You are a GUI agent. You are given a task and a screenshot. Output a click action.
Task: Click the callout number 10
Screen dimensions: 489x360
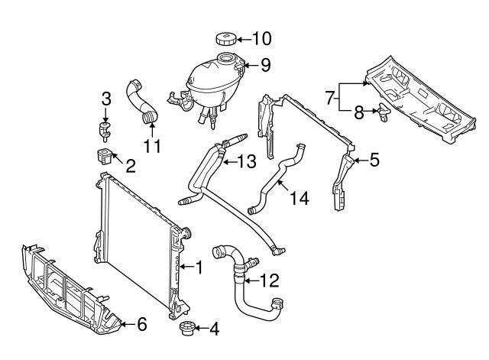point(261,39)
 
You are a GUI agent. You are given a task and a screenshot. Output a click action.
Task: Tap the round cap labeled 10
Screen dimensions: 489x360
point(225,39)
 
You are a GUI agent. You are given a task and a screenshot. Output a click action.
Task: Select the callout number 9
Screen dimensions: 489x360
point(265,65)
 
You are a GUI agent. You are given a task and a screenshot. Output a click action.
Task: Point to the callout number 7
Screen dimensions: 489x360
point(330,98)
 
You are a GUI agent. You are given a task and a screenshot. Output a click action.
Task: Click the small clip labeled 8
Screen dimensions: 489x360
point(384,112)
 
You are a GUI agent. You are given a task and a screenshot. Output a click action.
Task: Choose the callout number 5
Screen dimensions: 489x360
point(374,160)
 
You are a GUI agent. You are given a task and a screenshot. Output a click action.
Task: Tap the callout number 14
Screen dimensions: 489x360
point(300,198)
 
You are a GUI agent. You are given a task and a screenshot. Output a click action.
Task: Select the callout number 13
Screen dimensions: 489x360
point(246,162)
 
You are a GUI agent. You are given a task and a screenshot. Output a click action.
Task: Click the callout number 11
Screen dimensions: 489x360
point(152,146)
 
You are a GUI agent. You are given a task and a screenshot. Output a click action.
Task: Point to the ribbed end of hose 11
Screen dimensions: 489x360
point(150,117)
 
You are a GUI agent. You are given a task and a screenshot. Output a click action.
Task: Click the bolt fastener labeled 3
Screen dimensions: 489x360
point(105,131)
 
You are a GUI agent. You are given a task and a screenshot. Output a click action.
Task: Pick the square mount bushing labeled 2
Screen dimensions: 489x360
point(104,156)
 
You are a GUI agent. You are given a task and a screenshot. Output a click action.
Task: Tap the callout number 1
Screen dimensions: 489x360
point(199,267)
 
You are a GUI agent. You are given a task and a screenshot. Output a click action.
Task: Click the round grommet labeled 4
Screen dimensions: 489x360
point(187,329)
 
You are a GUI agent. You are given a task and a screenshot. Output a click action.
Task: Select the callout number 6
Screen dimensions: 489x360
point(142,324)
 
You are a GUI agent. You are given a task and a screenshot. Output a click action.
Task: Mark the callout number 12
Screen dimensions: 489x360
point(269,281)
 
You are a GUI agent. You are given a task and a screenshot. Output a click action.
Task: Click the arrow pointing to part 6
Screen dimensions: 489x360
point(128,324)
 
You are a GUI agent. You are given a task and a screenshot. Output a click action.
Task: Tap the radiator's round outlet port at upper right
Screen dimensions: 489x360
point(186,233)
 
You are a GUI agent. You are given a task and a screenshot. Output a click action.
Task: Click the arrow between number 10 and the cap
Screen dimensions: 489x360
point(244,39)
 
